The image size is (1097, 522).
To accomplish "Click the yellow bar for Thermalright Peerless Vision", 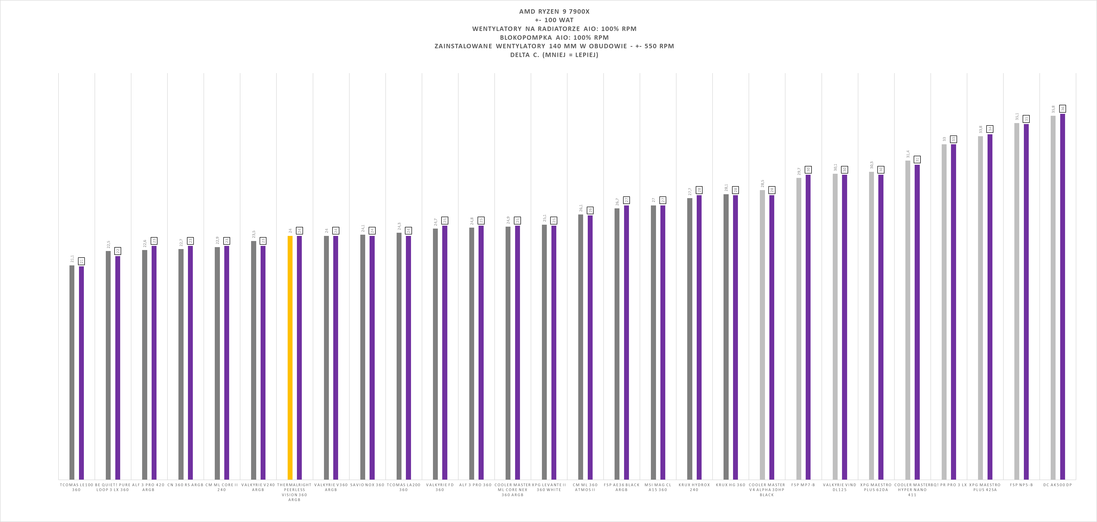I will (290, 358).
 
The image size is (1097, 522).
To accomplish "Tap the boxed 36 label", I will (1063, 108).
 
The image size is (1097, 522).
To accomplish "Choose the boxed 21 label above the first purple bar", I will (82, 261).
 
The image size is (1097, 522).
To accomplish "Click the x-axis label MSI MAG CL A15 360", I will (658, 487).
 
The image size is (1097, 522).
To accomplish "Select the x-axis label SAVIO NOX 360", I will (367, 484).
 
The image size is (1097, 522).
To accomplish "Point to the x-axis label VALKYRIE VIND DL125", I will (839, 487).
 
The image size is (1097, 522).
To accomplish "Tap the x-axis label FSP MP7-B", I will (803, 484).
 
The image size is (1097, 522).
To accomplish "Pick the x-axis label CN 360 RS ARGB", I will (185, 484).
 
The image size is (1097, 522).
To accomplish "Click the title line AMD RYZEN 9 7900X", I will (554, 11).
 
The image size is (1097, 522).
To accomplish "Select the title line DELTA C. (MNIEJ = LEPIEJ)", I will (554, 55).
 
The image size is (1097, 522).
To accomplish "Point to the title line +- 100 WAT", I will (554, 20).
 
